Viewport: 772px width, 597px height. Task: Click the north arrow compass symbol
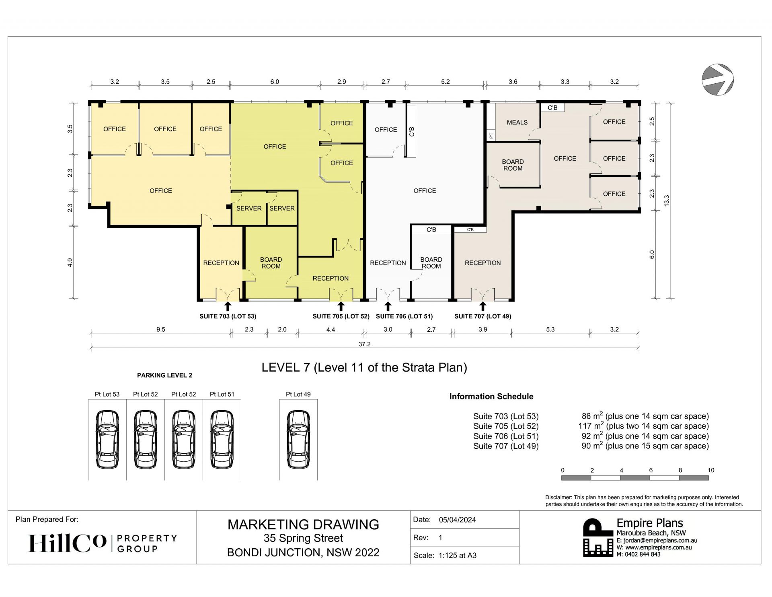pyautogui.click(x=718, y=79)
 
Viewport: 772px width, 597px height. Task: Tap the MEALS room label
pyautogui.click(x=517, y=122)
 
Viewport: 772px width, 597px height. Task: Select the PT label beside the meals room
pyautogui.click(x=491, y=136)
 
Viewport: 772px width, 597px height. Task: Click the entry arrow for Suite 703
pyautogui.click(x=228, y=306)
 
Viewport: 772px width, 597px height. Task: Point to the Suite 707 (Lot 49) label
pyautogui.click(x=482, y=316)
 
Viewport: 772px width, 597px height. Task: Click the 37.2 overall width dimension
pyautogui.click(x=364, y=344)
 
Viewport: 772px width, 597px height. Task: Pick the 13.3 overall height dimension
pyautogui.click(x=666, y=200)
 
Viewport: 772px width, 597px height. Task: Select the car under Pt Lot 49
pyautogui.click(x=298, y=439)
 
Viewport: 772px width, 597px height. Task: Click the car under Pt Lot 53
pyautogui.click(x=107, y=439)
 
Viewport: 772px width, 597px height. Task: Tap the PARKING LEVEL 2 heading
pyautogui.click(x=164, y=375)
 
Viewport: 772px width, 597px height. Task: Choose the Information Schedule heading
pyautogui.click(x=491, y=397)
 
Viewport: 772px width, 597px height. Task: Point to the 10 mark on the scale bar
pyautogui.click(x=711, y=470)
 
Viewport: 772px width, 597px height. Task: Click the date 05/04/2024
pyautogui.click(x=457, y=520)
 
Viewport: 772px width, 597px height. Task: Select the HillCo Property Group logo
pyautogui.click(x=103, y=543)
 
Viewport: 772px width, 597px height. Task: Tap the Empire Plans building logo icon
pyautogui.click(x=598, y=537)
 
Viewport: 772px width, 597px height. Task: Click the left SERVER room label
pyautogui.click(x=249, y=208)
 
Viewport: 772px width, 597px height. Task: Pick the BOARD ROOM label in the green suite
pyautogui.click(x=271, y=263)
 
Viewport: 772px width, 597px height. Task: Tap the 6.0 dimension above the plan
pyautogui.click(x=275, y=82)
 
